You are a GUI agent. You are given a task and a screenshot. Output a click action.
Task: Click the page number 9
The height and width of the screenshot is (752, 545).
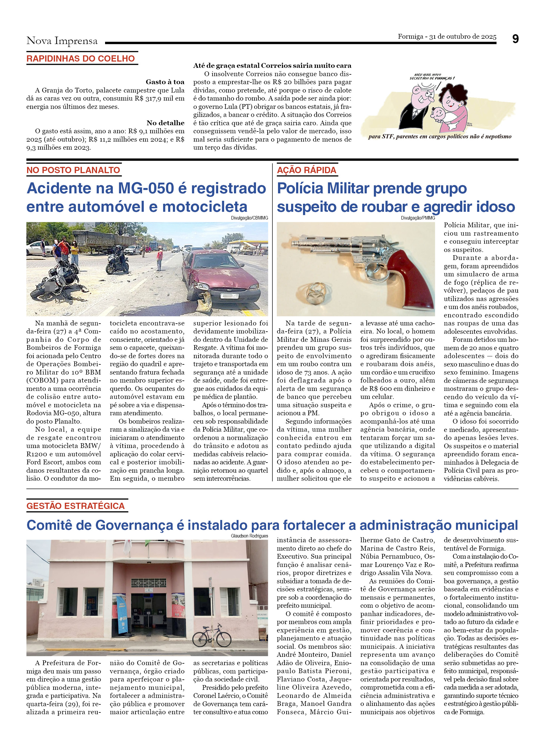[x=515, y=39]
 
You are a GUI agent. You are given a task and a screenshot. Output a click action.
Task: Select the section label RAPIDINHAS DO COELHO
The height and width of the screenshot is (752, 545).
[x=81, y=59]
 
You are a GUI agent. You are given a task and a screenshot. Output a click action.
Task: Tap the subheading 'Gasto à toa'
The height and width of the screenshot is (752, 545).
[x=165, y=82]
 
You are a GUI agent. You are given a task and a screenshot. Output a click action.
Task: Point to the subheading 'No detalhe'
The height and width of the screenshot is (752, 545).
[x=165, y=123]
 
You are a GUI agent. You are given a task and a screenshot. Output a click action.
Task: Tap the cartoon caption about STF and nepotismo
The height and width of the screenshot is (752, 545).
[x=440, y=137]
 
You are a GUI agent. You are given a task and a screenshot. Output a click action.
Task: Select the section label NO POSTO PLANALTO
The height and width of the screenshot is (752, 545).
[x=73, y=170]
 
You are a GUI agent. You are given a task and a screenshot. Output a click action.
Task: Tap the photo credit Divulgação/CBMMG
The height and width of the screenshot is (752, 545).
[x=249, y=218]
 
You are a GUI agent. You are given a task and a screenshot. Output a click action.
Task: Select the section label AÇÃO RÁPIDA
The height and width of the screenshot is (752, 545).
[x=307, y=170]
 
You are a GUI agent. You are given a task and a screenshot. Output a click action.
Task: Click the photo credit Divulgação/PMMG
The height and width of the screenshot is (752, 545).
[x=418, y=218]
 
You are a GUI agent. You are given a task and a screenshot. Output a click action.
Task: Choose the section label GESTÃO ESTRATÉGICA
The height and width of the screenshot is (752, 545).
[x=76, y=506]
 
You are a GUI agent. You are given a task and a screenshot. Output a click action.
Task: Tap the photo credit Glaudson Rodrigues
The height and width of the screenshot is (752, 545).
[x=249, y=536]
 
